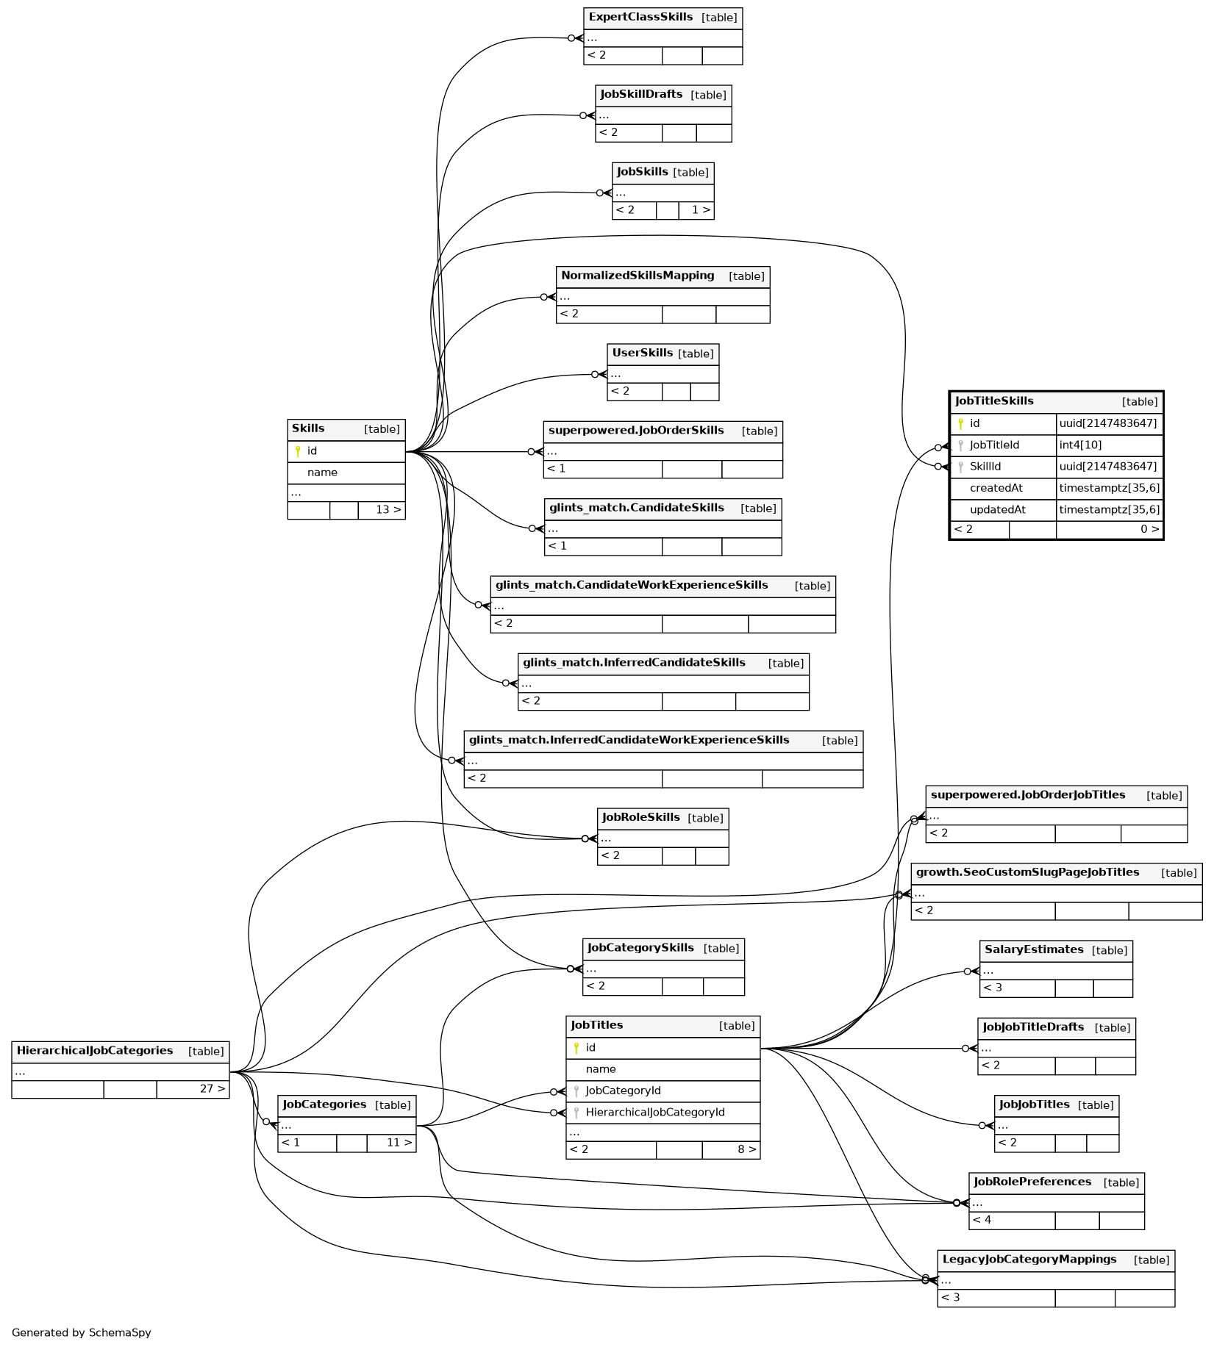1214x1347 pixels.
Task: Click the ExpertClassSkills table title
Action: (x=640, y=17)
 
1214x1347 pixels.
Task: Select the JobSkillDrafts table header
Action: (x=641, y=94)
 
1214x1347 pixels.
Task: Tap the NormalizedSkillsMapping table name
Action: (x=638, y=276)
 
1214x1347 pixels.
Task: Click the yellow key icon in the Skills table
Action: (x=298, y=451)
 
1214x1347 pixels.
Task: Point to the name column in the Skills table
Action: (x=322, y=473)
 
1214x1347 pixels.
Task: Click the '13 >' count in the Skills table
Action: (x=388, y=509)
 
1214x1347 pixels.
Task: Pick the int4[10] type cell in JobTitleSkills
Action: (x=1080, y=445)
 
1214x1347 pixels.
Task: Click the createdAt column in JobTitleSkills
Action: (x=996, y=488)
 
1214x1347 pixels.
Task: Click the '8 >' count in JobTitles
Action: (x=746, y=1149)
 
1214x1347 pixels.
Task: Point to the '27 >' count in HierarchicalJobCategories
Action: (x=213, y=1088)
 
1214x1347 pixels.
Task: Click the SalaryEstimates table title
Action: (x=1034, y=949)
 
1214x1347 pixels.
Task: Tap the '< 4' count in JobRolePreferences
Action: (x=982, y=1220)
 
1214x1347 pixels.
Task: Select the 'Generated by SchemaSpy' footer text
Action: (x=81, y=1332)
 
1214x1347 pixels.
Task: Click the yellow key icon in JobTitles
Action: (x=576, y=1048)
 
